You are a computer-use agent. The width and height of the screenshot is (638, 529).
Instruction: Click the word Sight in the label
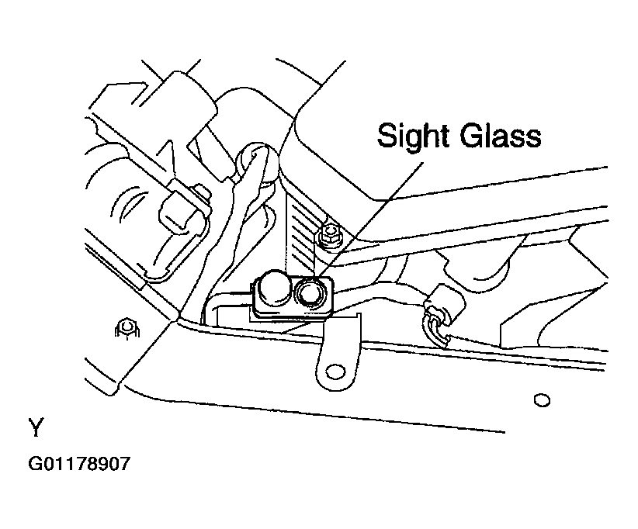click(413, 136)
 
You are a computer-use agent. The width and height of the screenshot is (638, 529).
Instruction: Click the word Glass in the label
click(501, 135)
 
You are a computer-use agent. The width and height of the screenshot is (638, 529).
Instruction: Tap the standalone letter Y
click(36, 427)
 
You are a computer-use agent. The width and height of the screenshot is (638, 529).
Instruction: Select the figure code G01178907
click(79, 464)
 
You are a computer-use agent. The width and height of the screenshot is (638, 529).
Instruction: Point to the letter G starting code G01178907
click(34, 464)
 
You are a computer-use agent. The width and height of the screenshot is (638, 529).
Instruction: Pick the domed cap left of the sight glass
click(272, 289)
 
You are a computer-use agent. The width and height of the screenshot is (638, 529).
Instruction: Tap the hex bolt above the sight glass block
click(330, 235)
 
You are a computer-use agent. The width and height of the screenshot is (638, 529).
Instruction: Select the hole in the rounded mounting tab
click(335, 372)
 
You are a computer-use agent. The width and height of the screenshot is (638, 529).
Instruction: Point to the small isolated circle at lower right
click(542, 400)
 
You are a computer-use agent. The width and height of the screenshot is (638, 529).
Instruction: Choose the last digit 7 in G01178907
click(124, 464)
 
